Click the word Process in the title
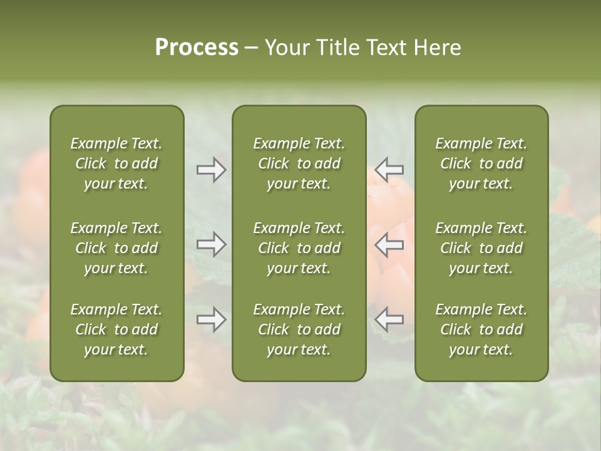click(x=197, y=47)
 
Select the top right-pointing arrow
click(x=211, y=170)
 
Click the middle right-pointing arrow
click(x=211, y=244)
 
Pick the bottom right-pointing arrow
click(x=211, y=319)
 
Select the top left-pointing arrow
click(x=389, y=170)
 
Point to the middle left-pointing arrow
click(x=389, y=244)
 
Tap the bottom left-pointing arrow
click(x=389, y=319)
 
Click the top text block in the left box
click(x=116, y=163)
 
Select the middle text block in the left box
click(x=116, y=248)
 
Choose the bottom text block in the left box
click(x=116, y=329)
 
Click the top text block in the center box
click(x=299, y=163)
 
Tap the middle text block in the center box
click(x=299, y=248)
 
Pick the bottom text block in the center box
click(x=299, y=329)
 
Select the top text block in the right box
click(x=481, y=163)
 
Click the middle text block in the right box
click(x=481, y=248)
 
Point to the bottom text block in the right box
click(x=481, y=329)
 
